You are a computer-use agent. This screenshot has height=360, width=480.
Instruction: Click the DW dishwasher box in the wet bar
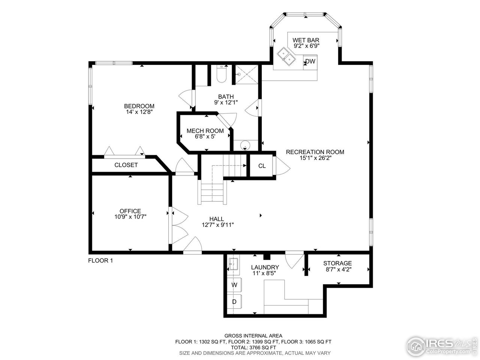pos(309,61)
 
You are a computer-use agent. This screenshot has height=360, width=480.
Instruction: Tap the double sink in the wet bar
pos(288,56)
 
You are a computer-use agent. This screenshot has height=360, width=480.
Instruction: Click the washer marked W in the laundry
pos(234,285)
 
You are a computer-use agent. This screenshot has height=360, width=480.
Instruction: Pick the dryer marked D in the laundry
pos(234,301)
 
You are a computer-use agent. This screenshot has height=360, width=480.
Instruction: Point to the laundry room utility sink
pos(233,264)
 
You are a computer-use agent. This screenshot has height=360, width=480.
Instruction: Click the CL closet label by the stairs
pos(262,166)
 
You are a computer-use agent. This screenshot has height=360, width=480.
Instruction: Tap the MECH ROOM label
pos(205,131)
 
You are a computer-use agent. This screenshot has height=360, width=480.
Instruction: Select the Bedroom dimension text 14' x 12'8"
pos(139,112)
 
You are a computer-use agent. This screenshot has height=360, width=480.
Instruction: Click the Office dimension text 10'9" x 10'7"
pos(130,216)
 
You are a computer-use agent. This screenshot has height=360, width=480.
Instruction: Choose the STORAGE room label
pos(337,263)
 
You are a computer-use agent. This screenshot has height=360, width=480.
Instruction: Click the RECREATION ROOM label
pos(315,152)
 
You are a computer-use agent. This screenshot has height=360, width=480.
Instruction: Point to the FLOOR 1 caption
pos(100,261)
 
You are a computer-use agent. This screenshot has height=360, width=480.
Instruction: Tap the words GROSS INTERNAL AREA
pos(253,336)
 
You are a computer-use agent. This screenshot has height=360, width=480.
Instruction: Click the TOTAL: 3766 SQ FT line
pos(253,347)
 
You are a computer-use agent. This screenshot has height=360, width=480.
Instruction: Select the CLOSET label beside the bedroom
pos(126,165)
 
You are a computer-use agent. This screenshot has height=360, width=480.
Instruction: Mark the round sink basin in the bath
pos(245,144)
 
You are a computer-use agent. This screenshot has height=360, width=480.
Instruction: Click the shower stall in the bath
pos(246,75)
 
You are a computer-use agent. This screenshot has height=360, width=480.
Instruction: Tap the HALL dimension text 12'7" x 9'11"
pos(218,225)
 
